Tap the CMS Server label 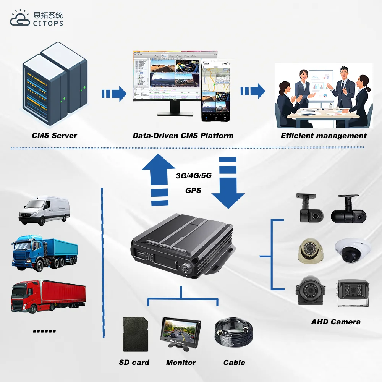coord(54,136)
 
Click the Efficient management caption coord(324,136)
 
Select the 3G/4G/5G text coord(193,176)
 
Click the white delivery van coord(44,210)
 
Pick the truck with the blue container coord(44,253)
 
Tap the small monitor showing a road coord(178,332)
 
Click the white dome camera coord(353,251)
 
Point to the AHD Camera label coord(335,322)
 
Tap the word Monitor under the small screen coord(181,363)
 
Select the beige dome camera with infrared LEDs coord(311,252)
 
